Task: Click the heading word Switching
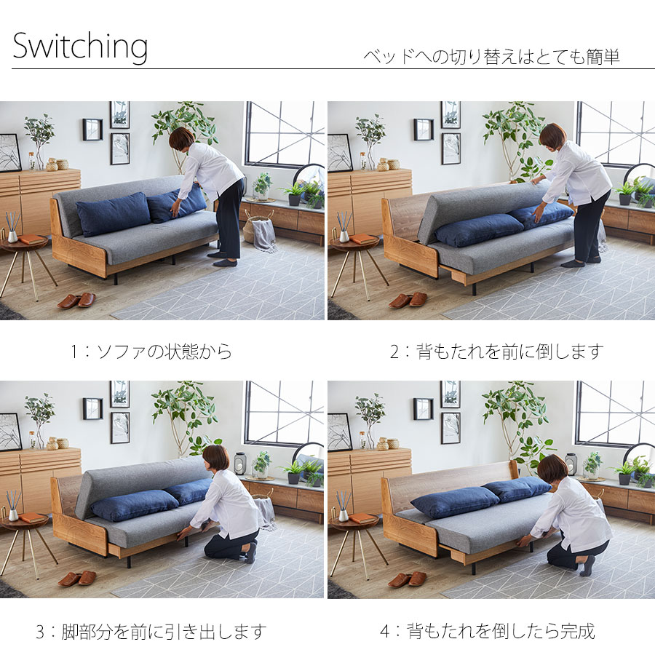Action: coord(80,47)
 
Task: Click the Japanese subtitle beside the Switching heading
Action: coord(491,57)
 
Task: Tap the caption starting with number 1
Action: coord(151,352)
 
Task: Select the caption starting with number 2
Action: coord(496,352)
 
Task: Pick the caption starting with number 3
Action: coord(151,631)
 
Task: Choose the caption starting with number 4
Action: coord(487,631)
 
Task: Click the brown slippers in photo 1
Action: coord(76,301)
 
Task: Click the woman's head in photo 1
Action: coord(181,138)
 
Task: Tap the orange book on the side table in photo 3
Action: coord(33,517)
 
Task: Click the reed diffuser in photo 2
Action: coord(344,227)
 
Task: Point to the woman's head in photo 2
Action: coord(552,135)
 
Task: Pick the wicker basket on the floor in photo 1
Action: coord(256,227)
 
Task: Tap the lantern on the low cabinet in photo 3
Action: coord(239,463)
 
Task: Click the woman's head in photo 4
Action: coord(552,469)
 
